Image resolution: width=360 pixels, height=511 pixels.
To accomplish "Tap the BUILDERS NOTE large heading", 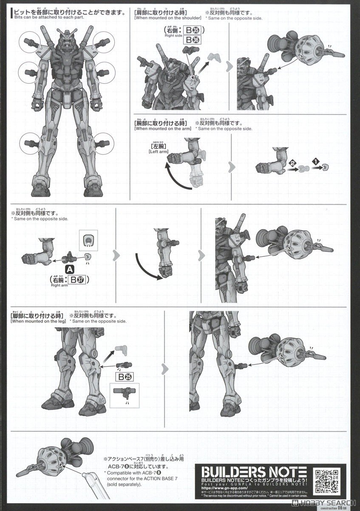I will point(254,472).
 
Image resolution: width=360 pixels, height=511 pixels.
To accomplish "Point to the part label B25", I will point(123,377).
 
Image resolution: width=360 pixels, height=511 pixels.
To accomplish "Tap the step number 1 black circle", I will point(315,161).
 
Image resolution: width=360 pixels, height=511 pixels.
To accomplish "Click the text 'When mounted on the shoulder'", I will point(167,18).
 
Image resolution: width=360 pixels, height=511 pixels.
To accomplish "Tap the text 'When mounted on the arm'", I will point(162,128).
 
